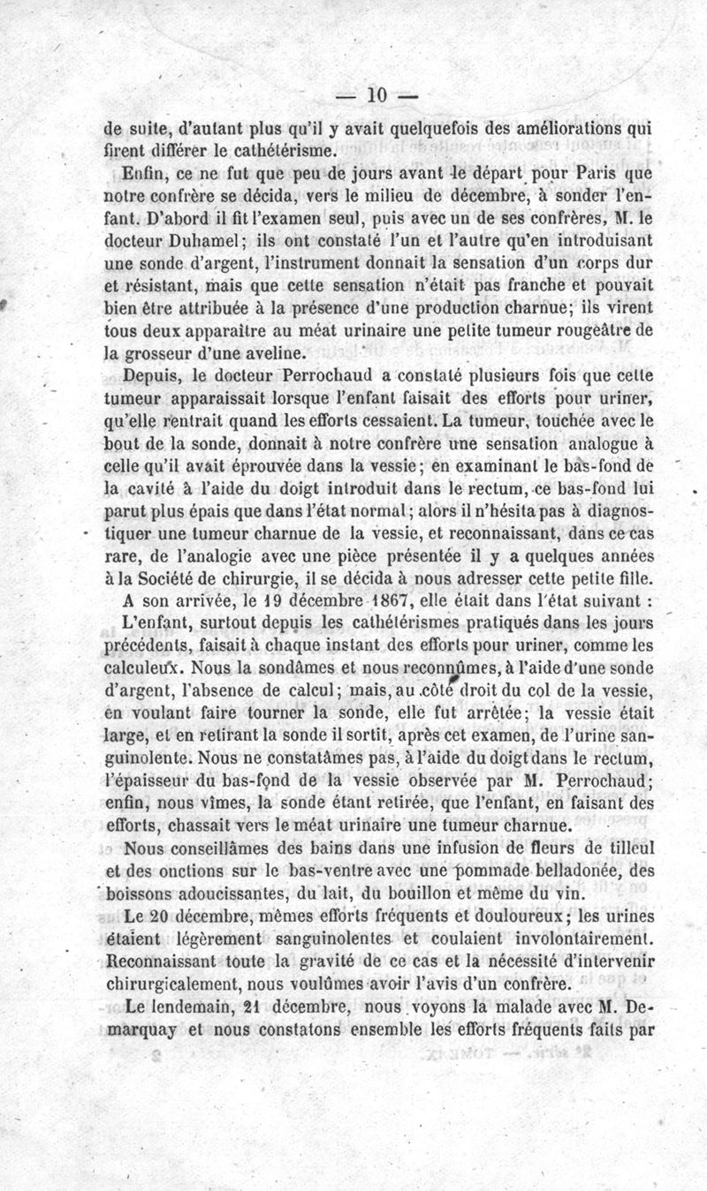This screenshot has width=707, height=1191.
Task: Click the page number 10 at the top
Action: (377, 94)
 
